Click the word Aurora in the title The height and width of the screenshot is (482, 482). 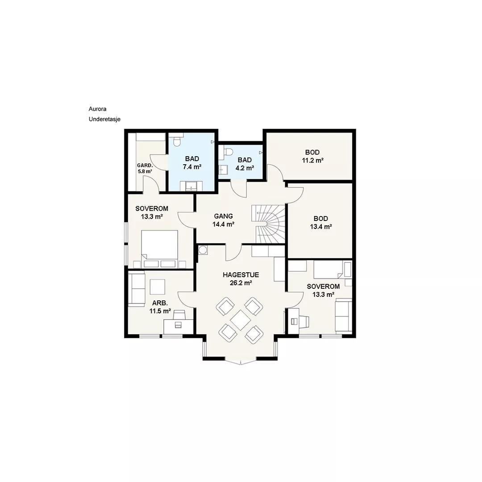click(97, 109)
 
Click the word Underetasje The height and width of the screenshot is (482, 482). click(104, 119)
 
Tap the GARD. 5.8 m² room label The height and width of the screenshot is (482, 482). click(145, 168)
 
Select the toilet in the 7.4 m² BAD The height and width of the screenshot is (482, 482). click(177, 141)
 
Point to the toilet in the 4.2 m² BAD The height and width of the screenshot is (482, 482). click(228, 152)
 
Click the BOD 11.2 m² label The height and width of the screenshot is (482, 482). click(312, 156)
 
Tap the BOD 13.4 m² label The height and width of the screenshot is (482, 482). click(321, 223)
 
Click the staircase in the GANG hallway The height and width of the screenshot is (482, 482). click(268, 224)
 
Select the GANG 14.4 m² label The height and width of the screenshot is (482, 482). click(224, 220)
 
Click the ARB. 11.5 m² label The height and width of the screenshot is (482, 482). click(160, 307)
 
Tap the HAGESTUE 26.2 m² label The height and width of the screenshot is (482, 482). click(241, 279)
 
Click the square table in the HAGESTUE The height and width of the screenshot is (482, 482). click(240, 320)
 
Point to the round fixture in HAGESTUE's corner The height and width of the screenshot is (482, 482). click(203, 250)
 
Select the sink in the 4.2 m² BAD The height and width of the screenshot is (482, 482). click(223, 170)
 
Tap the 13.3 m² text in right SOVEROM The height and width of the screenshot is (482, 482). click(324, 295)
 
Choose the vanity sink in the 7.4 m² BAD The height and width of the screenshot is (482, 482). click(191, 186)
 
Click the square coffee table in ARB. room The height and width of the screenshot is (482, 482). click(158, 287)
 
